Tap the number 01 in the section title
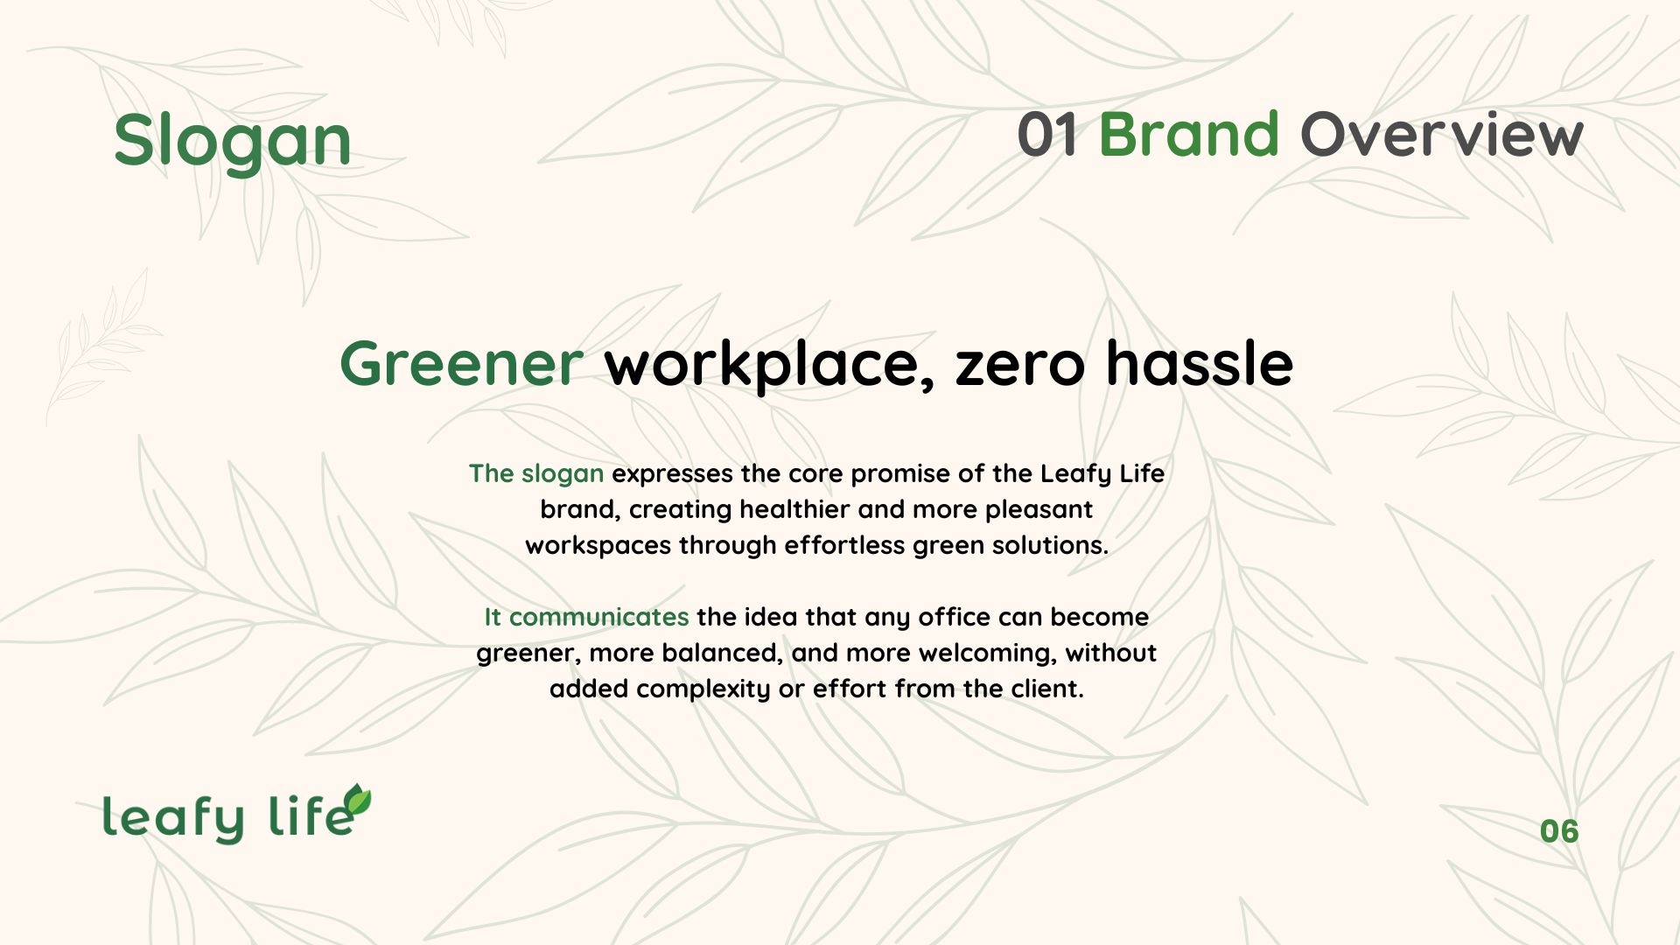pos(1047,135)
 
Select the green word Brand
pos(1188,135)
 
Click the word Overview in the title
pos(1441,135)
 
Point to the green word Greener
pos(461,362)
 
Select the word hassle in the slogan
pos(1199,362)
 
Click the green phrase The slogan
pos(536,473)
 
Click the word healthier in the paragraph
pos(794,509)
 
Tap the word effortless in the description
pos(844,545)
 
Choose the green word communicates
pos(598,617)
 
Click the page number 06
pos(1559,831)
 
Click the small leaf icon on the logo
pos(357,799)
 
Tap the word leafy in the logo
pos(173,818)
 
